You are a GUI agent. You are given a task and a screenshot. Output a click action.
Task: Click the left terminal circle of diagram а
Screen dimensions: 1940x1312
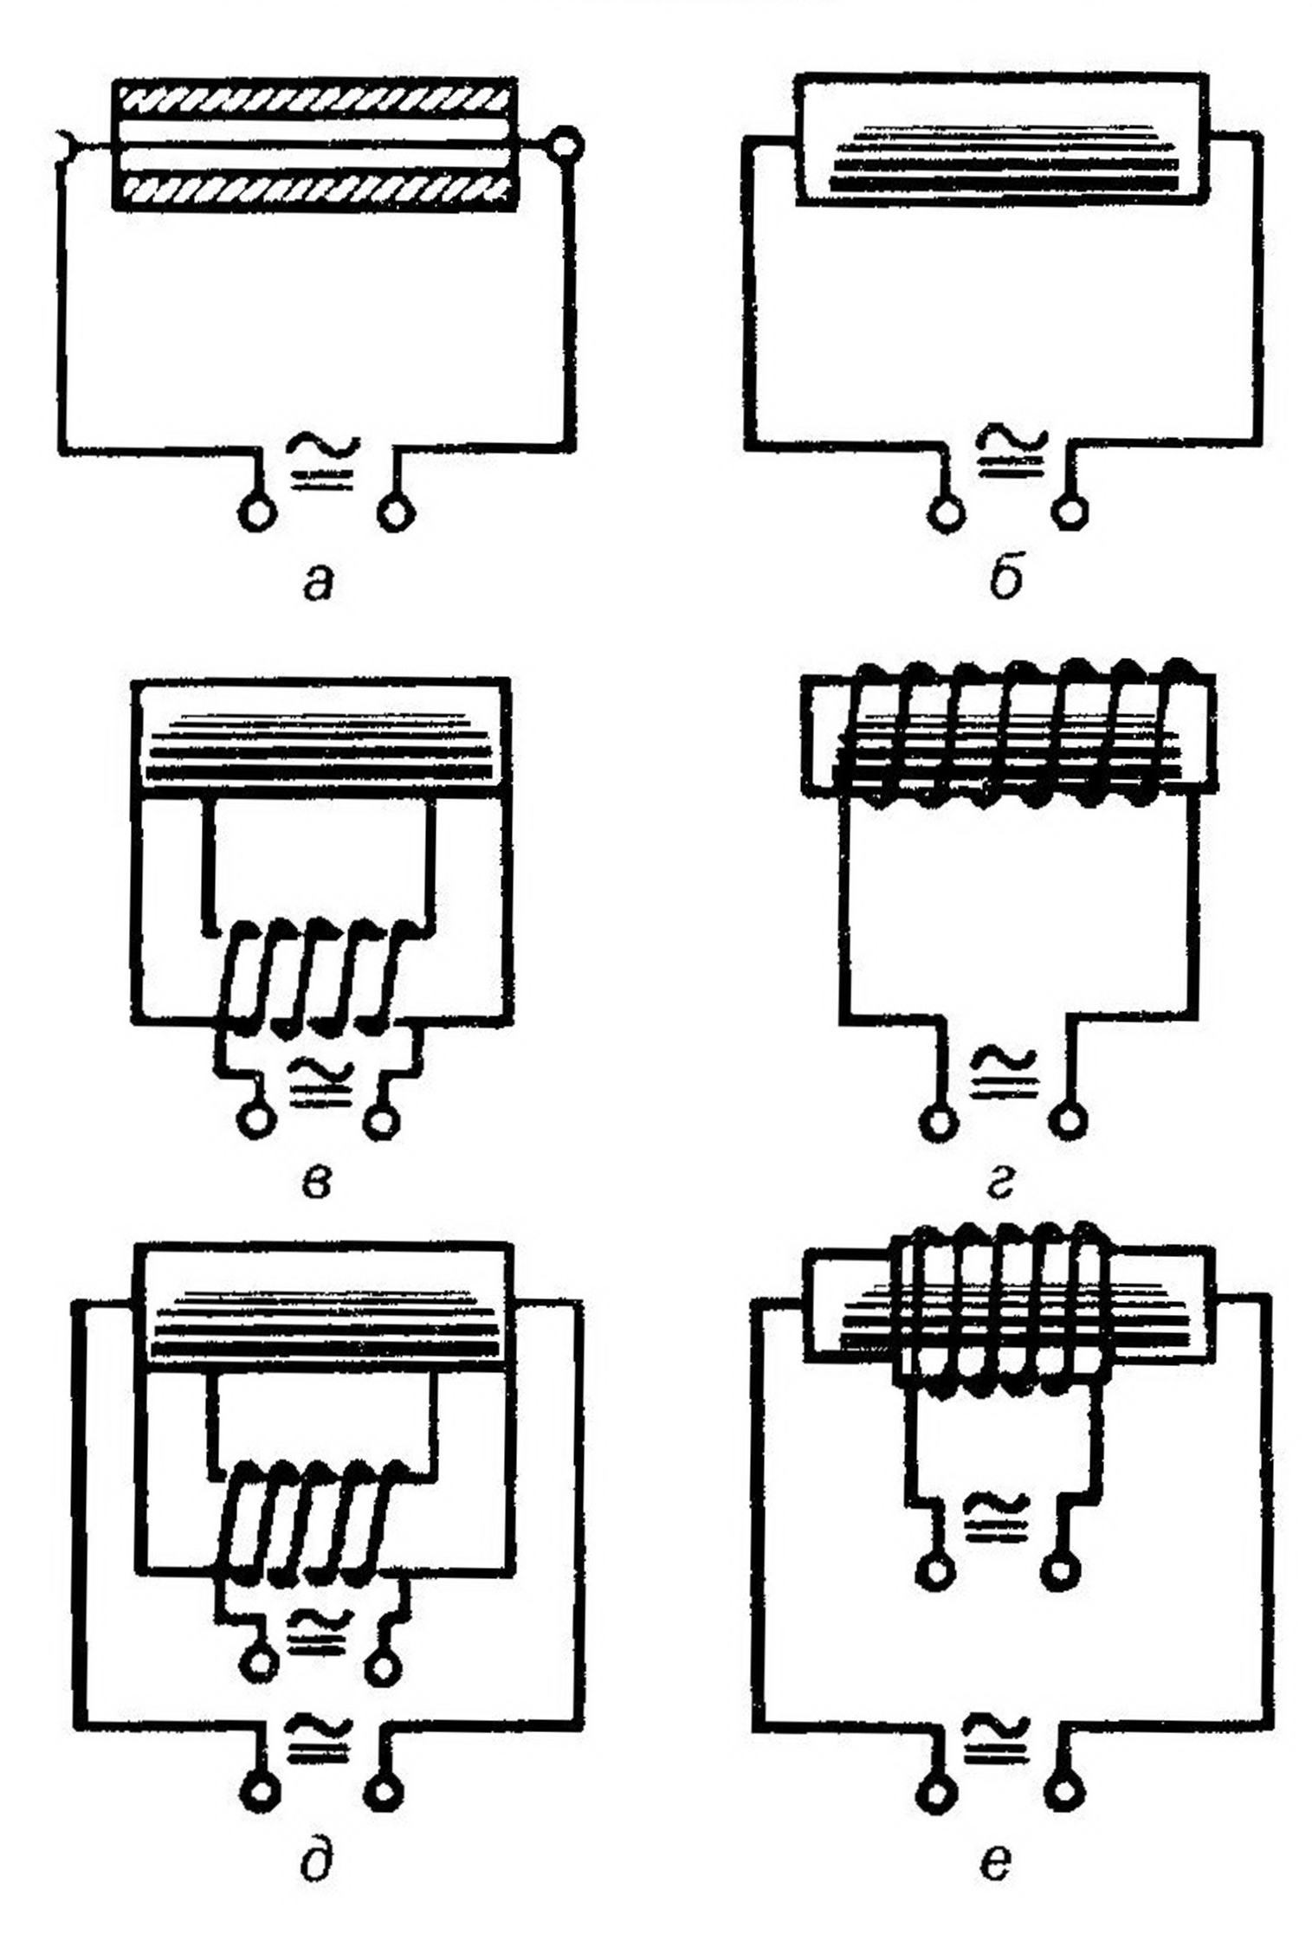(x=256, y=512)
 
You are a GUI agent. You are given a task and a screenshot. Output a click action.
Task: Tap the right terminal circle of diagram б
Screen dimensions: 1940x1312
(x=1070, y=512)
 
